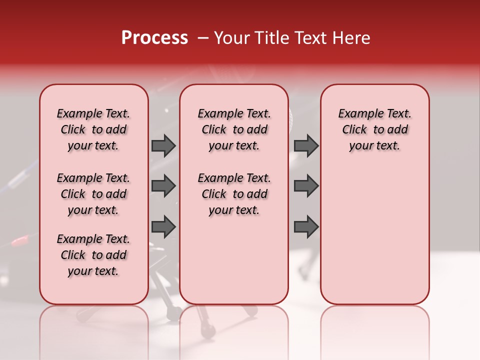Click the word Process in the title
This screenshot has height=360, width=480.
pos(154,38)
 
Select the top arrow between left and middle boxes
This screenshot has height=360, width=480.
pos(163,145)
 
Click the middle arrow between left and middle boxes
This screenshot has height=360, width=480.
pos(163,186)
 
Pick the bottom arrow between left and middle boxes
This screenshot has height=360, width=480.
pos(163,226)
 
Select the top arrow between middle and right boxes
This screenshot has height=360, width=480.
pos(306,145)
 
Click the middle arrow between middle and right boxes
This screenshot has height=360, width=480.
pos(306,186)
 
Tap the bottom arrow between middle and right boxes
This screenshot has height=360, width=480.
pos(306,226)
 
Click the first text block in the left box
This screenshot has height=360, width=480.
pos(93,129)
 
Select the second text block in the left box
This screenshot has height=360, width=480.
pos(93,194)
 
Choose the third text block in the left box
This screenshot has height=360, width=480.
pos(93,255)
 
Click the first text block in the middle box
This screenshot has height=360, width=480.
pos(234,129)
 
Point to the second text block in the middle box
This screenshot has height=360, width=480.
pos(234,194)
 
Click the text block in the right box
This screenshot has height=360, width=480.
pos(375,129)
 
